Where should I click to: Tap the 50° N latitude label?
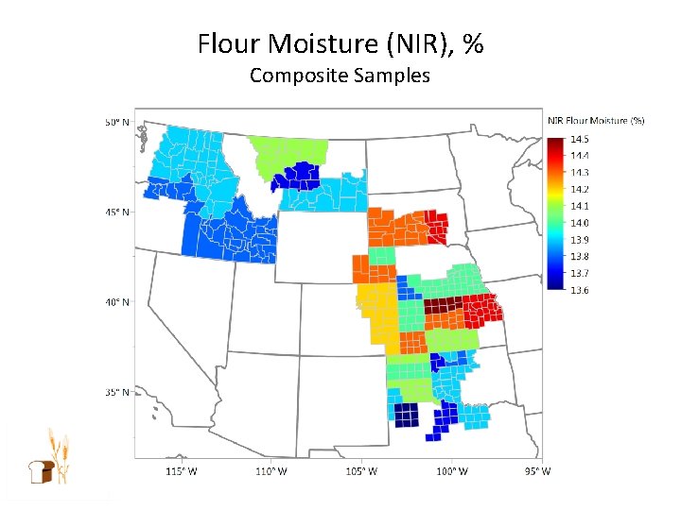(117, 123)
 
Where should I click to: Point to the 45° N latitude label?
(117, 212)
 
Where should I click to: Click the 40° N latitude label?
(117, 302)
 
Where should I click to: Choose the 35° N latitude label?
(117, 392)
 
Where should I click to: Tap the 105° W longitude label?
(360, 471)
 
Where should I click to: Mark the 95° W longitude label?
(537, 471)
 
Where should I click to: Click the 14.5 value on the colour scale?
(580, 139)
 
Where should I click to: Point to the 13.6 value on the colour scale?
(580, 290)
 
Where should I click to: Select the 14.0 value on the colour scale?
(580, 223)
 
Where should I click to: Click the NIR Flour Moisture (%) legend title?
(596, 120)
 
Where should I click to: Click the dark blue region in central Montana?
(301, 176)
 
